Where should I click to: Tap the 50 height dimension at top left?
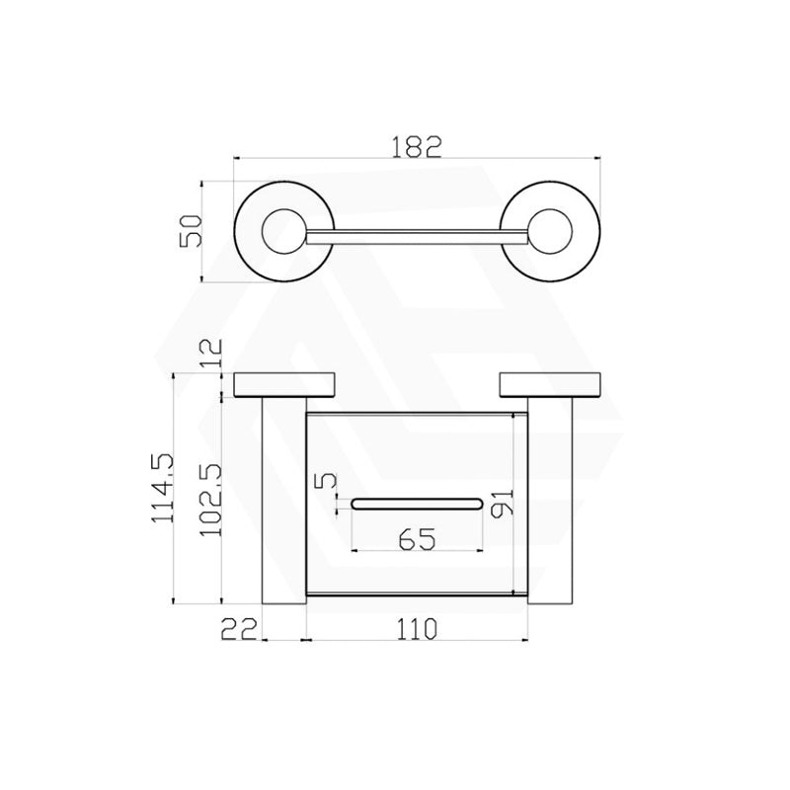(194, 230)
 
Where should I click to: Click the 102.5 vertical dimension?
(209, 500)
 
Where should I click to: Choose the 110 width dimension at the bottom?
(416, 627)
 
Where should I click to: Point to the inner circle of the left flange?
(282, 232)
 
